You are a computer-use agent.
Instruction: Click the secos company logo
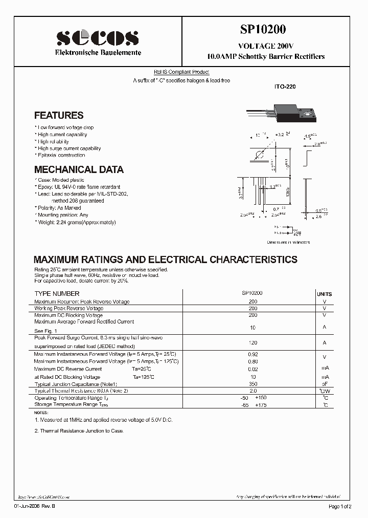click(97, 38)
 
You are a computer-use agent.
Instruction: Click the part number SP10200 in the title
click(266, 30)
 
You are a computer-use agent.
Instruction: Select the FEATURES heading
click(59, 116)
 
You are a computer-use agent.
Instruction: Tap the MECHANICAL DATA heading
click(79, 169)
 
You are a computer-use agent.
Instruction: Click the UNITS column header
click(324, 294)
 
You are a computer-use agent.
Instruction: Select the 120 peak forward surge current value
click(252, 342)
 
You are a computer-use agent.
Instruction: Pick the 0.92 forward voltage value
click(252, 354)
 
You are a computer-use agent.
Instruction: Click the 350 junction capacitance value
click(252, 383)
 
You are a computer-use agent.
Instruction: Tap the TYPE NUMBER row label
click(57, 294)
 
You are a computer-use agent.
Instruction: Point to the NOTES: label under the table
click(41, 412)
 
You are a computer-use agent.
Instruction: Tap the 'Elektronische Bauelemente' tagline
click(98, 53)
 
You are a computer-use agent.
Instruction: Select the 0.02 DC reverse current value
click(252, 369)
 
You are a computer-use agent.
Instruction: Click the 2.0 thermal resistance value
click(252, 391)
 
